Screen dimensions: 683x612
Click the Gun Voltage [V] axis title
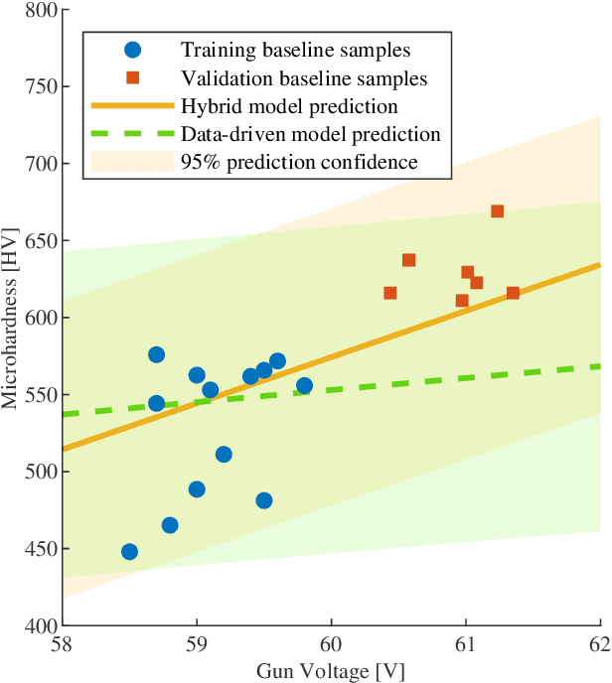(331, 670)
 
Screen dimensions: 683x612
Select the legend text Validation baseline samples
(303, 76)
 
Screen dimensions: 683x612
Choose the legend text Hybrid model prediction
(289, 105)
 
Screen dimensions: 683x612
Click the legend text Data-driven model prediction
(310, 133)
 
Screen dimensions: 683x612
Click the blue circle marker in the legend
(133, 49)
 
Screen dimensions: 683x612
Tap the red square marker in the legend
(133, 76)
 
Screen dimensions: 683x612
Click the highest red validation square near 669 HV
(497, 211)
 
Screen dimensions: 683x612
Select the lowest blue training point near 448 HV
(129, 552)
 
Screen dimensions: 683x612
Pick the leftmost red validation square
(390, 293)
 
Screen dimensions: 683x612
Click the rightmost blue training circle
(304, 386)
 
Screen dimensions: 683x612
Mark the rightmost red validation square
(513, 293)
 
